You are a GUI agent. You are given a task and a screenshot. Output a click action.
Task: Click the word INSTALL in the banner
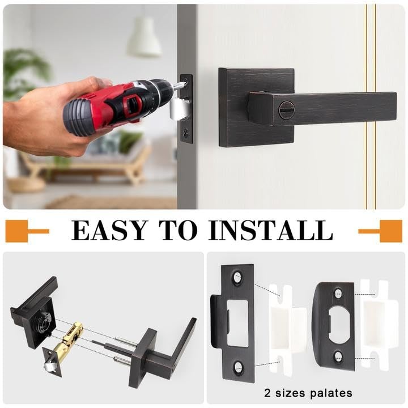pos(270,231)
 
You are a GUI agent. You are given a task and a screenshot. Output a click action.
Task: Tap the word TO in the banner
pos(178,231)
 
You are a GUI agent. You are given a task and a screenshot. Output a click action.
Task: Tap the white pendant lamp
pos(144,37)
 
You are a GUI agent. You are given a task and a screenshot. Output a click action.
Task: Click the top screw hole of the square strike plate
pos(237,278)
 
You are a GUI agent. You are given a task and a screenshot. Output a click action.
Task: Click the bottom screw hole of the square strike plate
pos(239,367)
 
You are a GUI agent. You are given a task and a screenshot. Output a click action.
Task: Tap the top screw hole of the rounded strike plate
pos(338,294)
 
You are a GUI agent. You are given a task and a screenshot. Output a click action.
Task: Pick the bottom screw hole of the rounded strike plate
pos(338,356)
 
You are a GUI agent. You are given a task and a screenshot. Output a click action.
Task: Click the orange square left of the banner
pos(16,231)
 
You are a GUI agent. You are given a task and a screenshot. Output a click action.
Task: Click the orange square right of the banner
pos(391,231)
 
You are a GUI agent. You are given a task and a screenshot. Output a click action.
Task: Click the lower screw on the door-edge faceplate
pos(185,133)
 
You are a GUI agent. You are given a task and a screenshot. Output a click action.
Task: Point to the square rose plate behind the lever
pos(256,108)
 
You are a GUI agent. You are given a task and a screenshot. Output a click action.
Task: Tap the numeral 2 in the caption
pos(267,392)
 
